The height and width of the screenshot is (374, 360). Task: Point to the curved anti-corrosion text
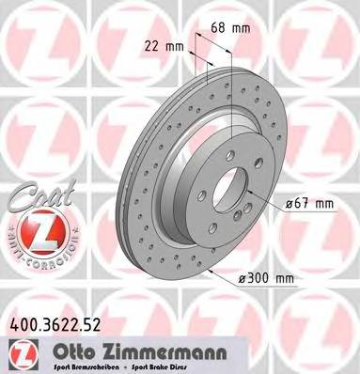click(x=35, y=246)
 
